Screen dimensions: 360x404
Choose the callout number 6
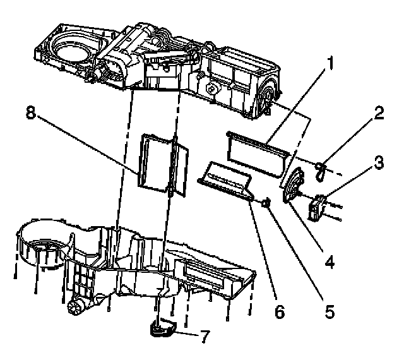[x=280, y=312]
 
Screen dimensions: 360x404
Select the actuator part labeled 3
[x=318, y=207]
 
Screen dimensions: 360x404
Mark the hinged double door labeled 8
[x=161, y=164]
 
